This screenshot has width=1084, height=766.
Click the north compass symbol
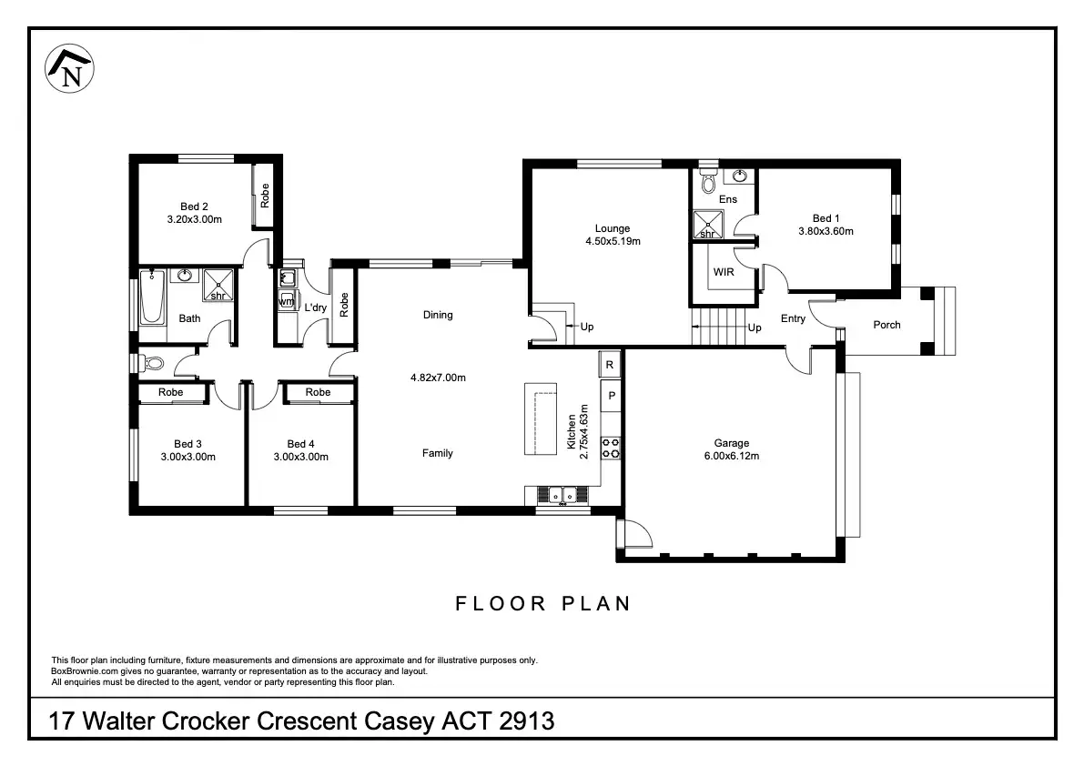pos(69,68)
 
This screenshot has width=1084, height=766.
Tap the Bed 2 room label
pos(194,207)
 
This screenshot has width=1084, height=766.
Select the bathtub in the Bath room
pos(152,297)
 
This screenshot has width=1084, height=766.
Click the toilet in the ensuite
pos(708,182)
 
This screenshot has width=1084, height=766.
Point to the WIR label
pos(724,272)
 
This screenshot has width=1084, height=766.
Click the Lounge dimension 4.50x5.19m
pos(613,242)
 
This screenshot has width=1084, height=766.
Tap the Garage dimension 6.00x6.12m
pos(732,456)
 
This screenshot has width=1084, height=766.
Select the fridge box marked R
pos(610,365)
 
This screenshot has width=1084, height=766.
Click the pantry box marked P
pos(611,396)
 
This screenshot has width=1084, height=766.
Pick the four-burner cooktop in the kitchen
pos(611,449)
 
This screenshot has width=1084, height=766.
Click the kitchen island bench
pos(541,419)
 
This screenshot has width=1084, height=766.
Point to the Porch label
pos(887,325)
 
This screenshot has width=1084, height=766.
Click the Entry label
pos(793,318)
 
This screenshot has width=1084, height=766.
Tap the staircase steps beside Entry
pos(719,326)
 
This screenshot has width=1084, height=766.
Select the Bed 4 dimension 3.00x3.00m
pos(300,457)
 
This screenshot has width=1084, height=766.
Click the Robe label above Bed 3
pos(171,392)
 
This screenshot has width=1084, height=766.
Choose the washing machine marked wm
pos(286,301)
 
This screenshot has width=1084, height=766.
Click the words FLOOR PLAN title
pos(543,604)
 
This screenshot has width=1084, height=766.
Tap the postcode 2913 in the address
pos(526,721)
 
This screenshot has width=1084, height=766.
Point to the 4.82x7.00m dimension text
pos(438,378)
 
